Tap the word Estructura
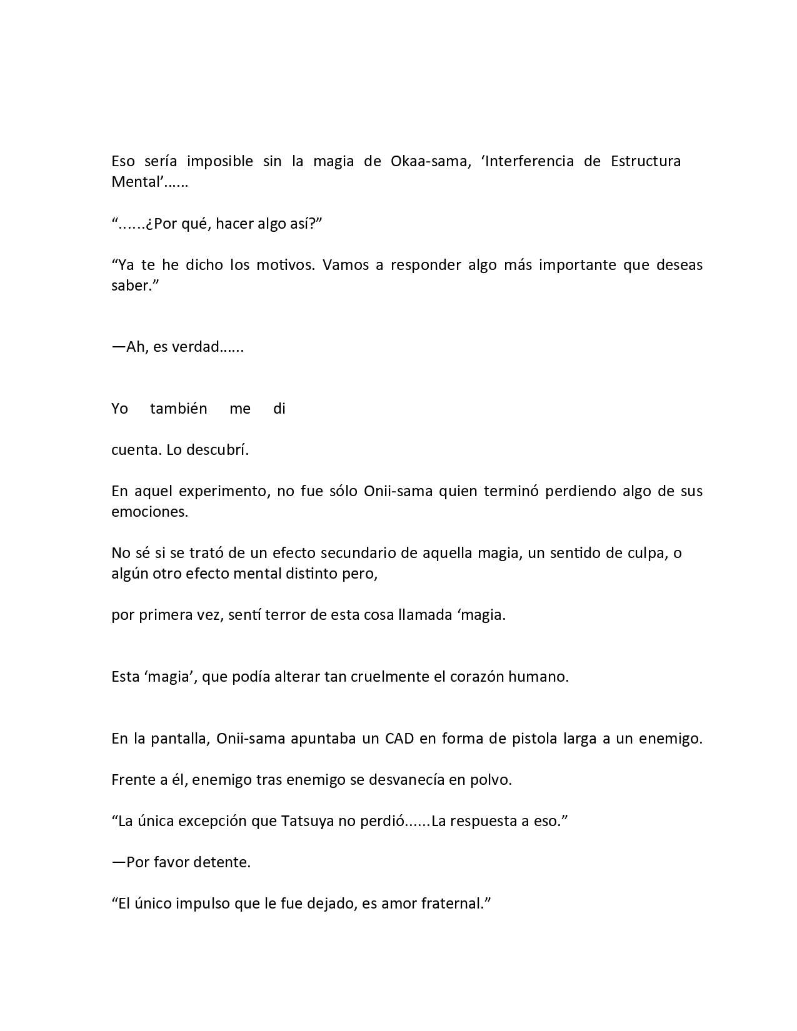(x=645, y=161)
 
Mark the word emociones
(x=149, y=512)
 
